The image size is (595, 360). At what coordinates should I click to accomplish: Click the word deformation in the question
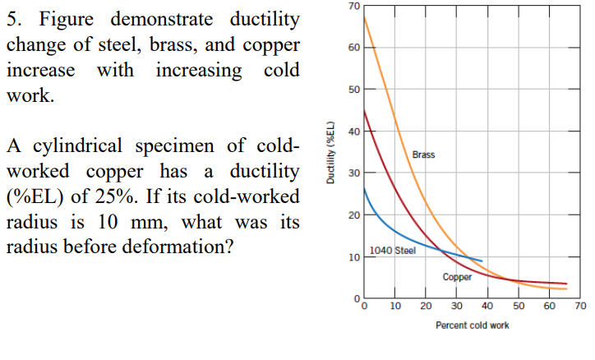(x=172, y=247)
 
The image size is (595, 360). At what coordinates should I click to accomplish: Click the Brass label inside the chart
(x=423, y=155)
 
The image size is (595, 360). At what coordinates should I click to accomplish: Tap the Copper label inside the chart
(x=457, y=278)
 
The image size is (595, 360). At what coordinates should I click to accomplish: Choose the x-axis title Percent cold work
(x=472, y=325)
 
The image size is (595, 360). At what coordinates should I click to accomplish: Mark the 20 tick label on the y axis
(x=354, y=215)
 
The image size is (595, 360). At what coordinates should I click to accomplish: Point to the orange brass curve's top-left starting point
(x=365, y=17)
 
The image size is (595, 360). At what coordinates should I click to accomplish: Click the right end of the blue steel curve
(x=482, y=261)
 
